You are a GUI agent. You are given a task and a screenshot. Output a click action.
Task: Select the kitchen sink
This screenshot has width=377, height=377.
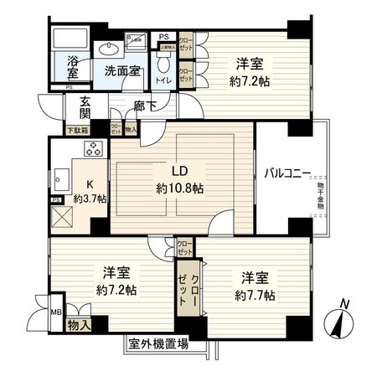pos(61,178)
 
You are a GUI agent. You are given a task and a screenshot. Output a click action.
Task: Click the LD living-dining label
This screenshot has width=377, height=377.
pos(180,172)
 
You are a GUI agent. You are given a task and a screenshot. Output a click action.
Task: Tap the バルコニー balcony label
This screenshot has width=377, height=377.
pos(288,173)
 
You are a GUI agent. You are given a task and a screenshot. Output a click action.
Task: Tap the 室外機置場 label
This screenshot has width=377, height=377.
pos(158,343)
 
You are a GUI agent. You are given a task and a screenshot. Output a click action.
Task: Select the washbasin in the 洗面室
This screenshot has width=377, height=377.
pos(110,50)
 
